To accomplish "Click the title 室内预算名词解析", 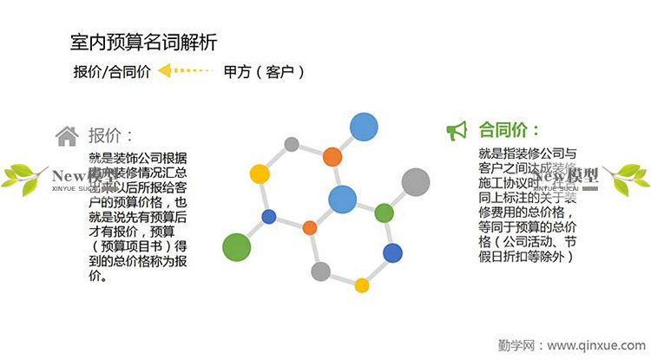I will click(143, 42).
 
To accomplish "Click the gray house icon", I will click(67, 135).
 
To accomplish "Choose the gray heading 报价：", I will click(110, 135).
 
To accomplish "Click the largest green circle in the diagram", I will click(237, 246).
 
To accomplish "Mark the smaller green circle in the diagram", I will click(384, 213).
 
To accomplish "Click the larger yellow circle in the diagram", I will click(259, 173).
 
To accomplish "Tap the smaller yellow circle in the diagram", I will click(362, 285).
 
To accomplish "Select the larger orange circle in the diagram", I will click(332, 157).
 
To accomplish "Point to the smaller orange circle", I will click(309, 228).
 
